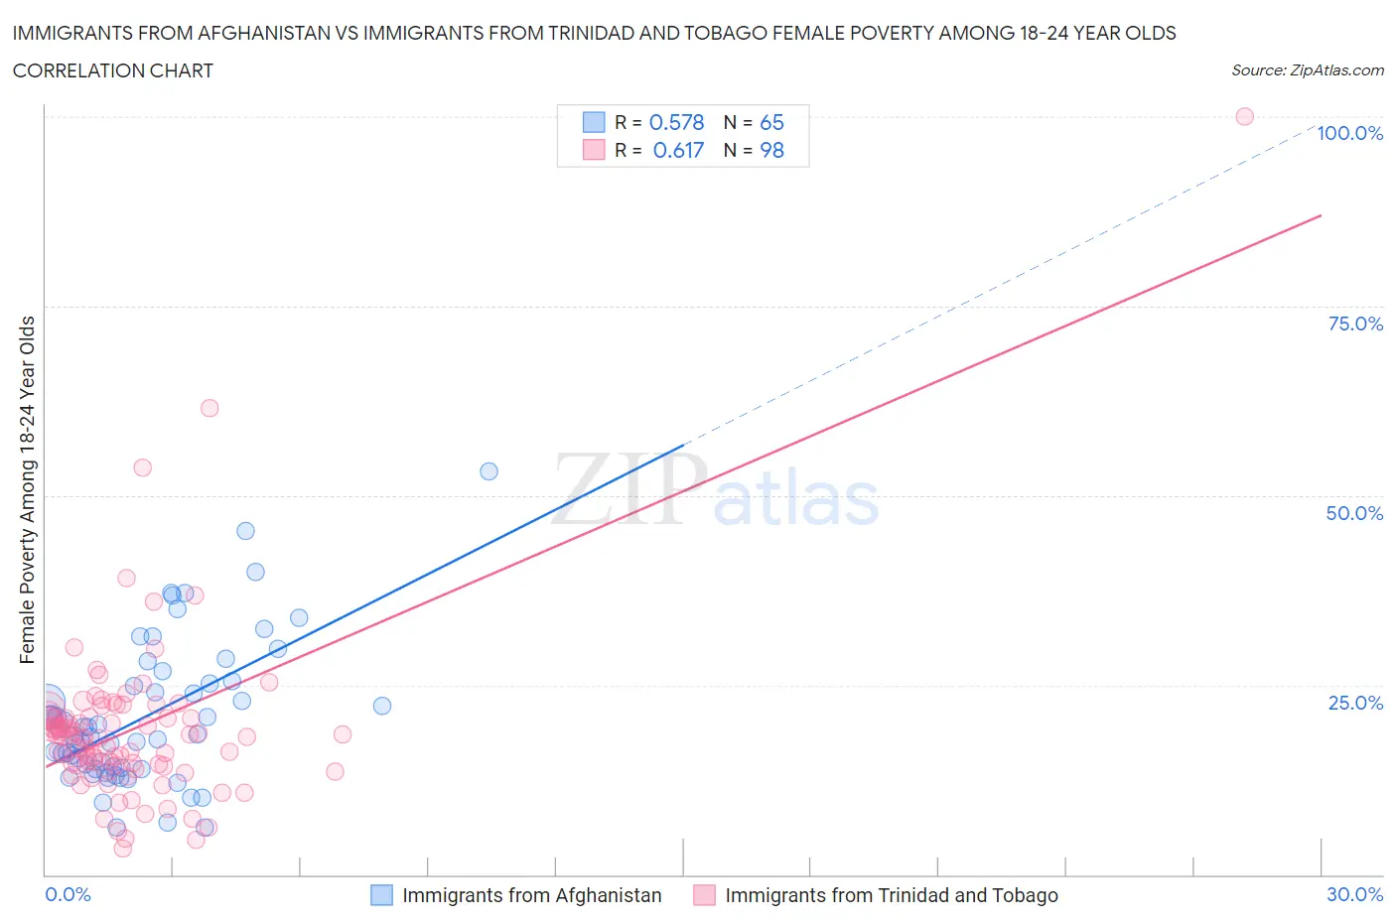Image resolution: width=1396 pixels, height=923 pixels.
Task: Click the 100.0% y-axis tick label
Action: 1349,133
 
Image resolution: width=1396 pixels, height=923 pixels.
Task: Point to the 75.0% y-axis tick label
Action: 1355,324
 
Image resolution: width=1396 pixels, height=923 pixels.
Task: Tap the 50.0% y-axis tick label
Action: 1354,513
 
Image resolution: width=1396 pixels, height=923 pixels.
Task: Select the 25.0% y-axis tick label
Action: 1355,703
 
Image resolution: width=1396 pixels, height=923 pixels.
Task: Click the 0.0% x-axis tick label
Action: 68,894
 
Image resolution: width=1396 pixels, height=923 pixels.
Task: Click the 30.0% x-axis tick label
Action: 1354,894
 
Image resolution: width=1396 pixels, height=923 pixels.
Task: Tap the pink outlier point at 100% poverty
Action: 1244,116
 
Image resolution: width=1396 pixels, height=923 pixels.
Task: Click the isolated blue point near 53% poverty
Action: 489,471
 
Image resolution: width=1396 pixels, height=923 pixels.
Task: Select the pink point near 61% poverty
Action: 209,408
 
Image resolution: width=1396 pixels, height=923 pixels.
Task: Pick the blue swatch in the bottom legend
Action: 381,895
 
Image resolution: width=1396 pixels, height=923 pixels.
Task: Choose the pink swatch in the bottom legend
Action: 704,895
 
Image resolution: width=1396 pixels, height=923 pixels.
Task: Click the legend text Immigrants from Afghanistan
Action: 531,895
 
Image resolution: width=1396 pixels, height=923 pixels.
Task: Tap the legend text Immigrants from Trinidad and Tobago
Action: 891,895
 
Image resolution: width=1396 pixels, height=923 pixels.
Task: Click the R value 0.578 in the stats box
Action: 676,122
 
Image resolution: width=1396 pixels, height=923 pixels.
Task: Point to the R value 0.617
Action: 678,150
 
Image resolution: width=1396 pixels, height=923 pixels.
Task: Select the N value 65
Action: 771,122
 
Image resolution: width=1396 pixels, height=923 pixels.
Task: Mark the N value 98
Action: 771,150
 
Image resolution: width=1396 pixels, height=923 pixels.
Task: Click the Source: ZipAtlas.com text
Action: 1307,70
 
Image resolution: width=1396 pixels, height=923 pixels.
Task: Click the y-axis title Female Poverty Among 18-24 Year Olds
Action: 27,489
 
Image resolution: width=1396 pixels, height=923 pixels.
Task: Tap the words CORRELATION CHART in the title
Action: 112,70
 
